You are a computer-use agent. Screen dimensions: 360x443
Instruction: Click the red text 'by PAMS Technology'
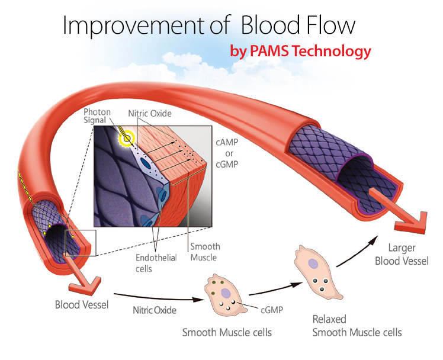[300, 52]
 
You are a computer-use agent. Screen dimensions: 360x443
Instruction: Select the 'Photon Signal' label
[97, 116]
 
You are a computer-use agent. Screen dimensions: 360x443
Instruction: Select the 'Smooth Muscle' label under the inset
[205, 252]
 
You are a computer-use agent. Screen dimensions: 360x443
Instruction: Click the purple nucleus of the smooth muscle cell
[225, 292]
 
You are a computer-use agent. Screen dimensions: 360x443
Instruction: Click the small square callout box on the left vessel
[78, 242]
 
